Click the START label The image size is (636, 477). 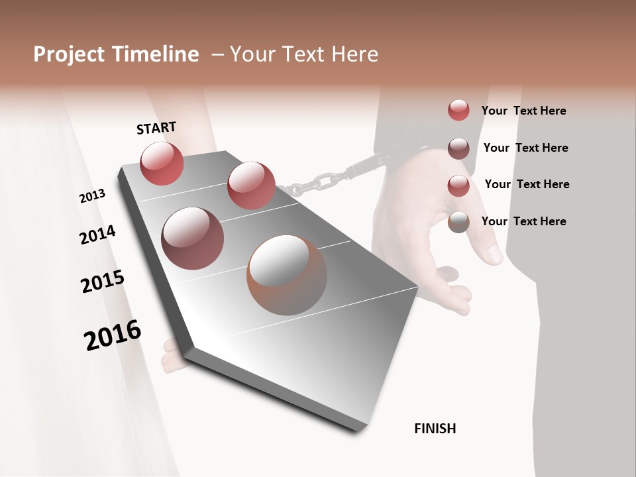point(156,127)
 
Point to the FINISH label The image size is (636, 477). point(435,429)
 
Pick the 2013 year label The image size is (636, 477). point(92,196)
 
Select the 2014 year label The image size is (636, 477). point(97,235)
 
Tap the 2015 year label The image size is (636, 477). point(103,282)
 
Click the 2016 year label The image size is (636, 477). point(113,335)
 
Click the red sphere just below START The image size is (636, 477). point(162,163)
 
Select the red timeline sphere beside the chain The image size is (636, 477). point(251,185)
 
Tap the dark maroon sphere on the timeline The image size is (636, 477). point(192,238)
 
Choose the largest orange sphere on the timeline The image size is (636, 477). point(287,275)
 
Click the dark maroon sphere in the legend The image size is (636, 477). point(458,148)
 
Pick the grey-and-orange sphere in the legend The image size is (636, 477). point(458,222)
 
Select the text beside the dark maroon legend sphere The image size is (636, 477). point(525,148)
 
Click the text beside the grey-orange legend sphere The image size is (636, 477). point(523,221)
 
